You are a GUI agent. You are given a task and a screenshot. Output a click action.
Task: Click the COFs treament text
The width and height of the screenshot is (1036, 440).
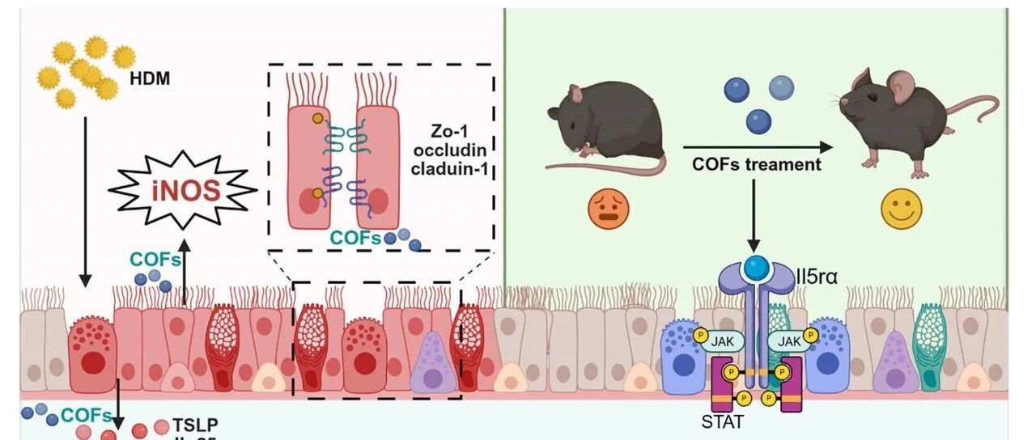click(756, 164)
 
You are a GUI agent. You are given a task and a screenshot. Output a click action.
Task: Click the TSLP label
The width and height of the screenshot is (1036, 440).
click(195, 425)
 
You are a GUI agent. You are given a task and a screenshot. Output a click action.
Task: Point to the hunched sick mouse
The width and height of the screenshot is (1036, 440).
click(606, 125)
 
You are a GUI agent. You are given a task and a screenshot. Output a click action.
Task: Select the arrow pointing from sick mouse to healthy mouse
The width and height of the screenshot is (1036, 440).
click(757, 147)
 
